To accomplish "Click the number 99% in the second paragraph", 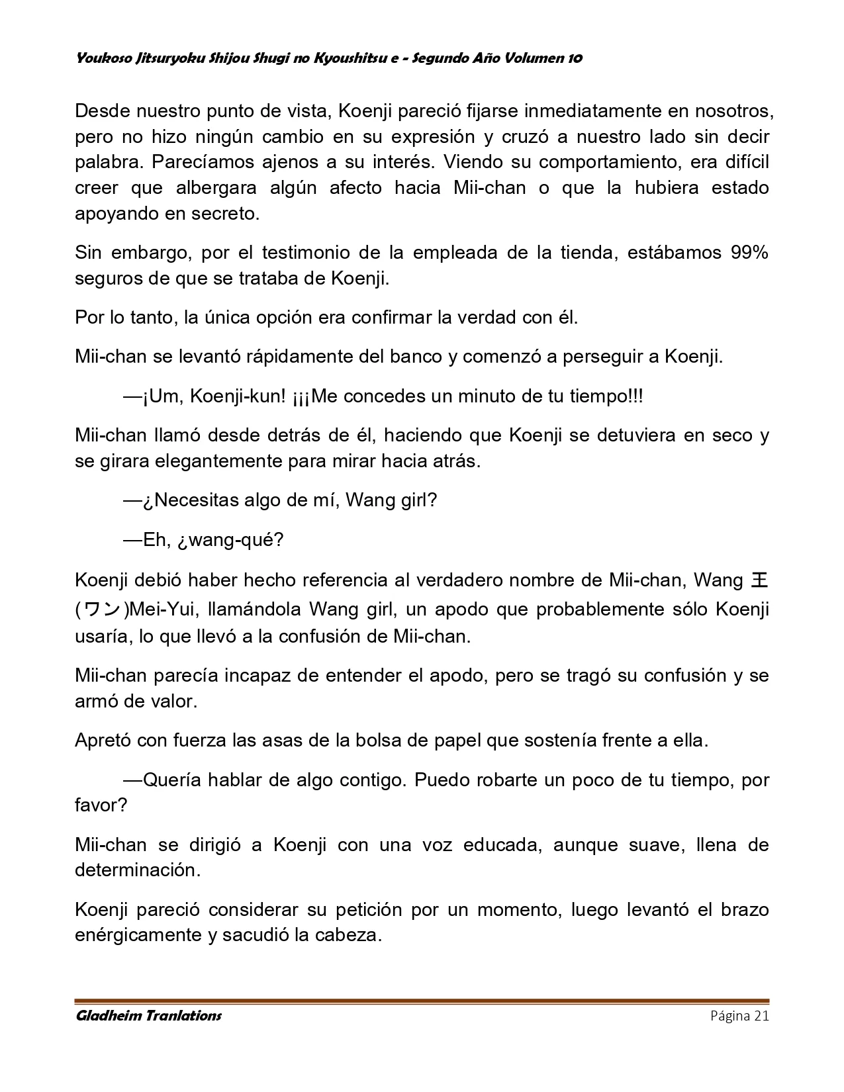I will (749, 253).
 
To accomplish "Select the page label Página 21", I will (739, 1016).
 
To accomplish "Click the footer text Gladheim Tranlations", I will (148, 1016).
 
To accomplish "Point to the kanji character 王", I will (760, 580).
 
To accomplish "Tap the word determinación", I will (137, 870).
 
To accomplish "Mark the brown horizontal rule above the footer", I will (422, 1001).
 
